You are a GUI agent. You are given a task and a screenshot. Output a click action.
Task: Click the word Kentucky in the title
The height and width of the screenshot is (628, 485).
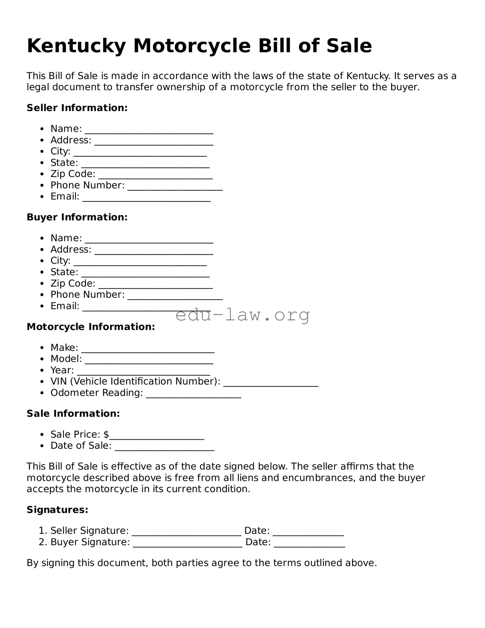click(76, 46)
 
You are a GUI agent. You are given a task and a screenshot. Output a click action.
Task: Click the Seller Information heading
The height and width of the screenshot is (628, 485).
click(77, 108)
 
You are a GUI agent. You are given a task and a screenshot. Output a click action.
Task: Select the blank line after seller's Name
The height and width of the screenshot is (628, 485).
click(149, 132)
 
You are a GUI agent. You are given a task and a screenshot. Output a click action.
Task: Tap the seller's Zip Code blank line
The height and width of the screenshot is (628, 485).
click(155, 177)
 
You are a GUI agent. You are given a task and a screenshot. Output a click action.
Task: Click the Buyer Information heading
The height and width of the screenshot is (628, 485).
click(77, 217)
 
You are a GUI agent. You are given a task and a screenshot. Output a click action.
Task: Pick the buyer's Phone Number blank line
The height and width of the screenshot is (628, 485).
click(175, 298)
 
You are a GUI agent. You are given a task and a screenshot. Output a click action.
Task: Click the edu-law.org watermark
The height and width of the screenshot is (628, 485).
click(242, 315)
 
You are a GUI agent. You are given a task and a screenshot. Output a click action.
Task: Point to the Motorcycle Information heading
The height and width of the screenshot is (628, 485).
click(91, 327)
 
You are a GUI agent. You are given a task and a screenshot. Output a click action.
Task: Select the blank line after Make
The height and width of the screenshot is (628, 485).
click(148, 351)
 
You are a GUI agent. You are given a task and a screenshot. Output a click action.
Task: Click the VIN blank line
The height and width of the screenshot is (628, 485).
click(270, 385)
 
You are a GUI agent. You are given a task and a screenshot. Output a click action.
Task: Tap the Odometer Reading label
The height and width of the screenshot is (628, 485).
click(96, 393)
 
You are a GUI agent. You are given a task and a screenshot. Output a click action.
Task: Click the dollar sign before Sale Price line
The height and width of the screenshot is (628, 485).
click(106, 434)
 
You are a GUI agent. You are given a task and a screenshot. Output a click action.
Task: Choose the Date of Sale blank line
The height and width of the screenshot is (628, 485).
click(164, 449)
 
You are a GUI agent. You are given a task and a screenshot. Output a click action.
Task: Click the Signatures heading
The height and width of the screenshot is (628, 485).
click(57, 510)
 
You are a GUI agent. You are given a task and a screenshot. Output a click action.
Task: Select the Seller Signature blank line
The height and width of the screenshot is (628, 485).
click(187, 534)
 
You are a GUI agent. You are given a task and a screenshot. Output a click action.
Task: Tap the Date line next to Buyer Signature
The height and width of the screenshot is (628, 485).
click(310, 545)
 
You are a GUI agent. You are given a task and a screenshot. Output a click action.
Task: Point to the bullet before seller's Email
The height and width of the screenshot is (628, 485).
click(43, 197)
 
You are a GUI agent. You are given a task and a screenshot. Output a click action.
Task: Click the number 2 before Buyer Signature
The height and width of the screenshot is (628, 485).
click(42, 542)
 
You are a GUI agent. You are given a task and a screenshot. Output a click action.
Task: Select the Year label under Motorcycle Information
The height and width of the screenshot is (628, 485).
click(62, 370)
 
